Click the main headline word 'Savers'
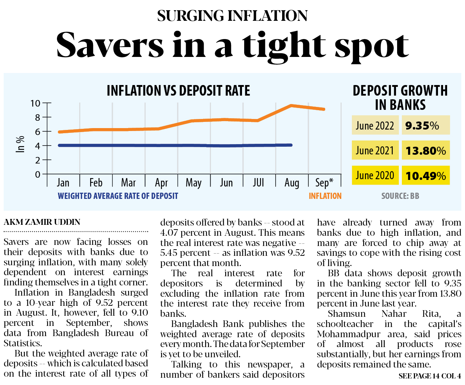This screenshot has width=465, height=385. [110, 45]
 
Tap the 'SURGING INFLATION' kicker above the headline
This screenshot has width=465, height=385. [232, 16]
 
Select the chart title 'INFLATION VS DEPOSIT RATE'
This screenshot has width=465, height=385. [178, 91]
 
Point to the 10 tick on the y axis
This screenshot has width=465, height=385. [35, 103]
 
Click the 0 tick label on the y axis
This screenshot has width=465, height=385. [38, 174]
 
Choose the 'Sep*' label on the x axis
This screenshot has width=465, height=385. [324, 182]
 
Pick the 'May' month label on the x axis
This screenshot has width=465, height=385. [193, 182]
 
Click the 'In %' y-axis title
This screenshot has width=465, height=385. [20, 144]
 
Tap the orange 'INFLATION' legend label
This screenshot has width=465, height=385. [325, 196]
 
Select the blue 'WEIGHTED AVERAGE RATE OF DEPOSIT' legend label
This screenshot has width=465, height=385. [118, 196]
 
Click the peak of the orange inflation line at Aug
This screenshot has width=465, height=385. [291, 105]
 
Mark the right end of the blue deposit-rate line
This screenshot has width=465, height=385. [291, 145]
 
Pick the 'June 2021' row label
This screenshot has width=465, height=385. [375, 150]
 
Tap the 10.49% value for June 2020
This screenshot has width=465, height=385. [426, 176]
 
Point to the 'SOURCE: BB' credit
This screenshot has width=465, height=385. [400, 196]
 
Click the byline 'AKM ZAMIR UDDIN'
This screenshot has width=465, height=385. [42, 222]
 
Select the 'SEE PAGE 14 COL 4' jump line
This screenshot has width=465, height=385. [430, 376]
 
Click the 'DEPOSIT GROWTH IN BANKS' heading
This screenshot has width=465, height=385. [400, 97]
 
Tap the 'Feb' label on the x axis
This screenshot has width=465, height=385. [96, 182]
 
